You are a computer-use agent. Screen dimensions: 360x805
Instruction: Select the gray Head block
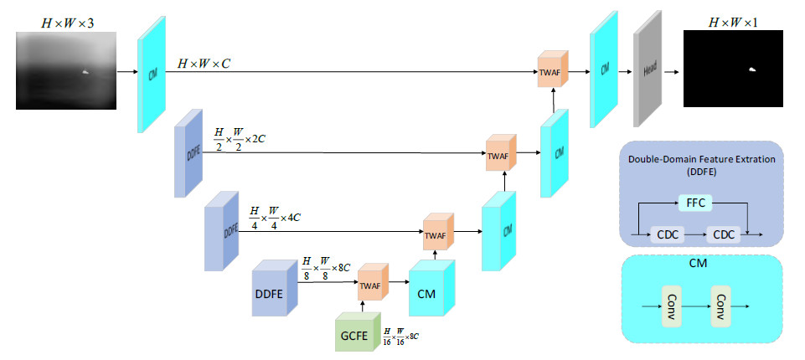click(649, 72)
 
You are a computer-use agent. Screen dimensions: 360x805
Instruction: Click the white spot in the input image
click(86, 73)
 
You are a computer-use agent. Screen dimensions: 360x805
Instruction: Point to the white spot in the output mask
click(752, 70)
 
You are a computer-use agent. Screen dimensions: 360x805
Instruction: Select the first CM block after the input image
click(152, 74)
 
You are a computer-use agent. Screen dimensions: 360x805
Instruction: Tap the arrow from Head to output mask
click(673, 72)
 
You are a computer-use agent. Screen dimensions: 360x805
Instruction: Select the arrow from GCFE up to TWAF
click(362, 306)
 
